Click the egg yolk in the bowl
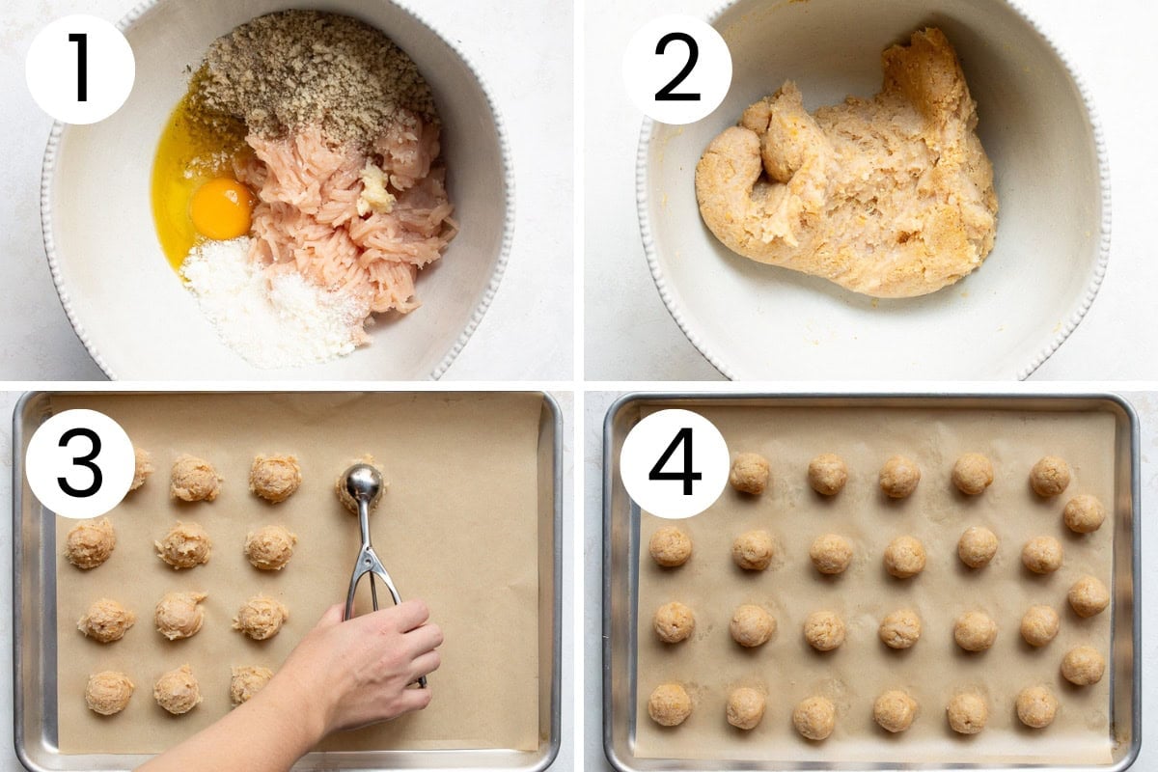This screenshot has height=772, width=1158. click(x=221, y=208)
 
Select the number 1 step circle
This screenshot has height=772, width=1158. click(x=80, y=69)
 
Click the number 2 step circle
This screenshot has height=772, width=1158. click(x=677, y=69)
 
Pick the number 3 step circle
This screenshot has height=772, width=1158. click(x=80, y=463)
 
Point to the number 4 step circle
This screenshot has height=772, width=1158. click(x=675, y=463)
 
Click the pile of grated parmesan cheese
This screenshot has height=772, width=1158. click(x=274, y=305)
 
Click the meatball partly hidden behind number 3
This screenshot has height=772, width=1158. click(x=141, y=468)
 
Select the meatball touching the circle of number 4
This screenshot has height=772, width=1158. click(x=749, y=473)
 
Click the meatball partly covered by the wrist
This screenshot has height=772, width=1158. click(x=250, y=684)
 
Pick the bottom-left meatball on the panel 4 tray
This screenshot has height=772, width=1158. click(x=670, y=703)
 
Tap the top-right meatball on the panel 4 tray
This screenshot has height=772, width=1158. click(x=1050, y=477)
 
